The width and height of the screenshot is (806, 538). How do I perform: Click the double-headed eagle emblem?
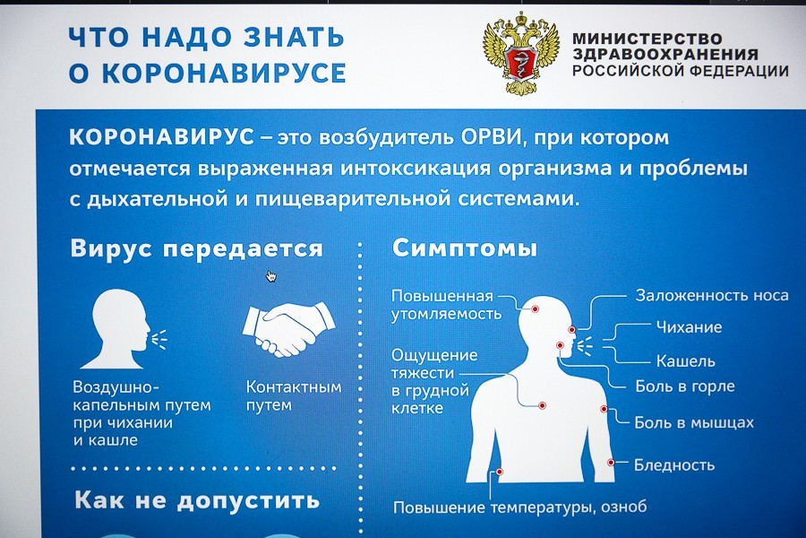[x=520, y=53]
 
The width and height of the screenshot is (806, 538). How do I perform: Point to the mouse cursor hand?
[x=270, y=276]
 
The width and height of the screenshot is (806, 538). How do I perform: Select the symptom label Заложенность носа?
[x=711, y=295]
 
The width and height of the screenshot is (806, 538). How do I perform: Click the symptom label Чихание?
[x=688, y=327]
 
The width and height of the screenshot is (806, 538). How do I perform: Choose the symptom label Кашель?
[x=685, y=361]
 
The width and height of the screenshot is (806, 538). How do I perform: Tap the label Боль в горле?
[x=684, y=386]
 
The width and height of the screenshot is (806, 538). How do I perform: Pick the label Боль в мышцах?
[x=694, y=422]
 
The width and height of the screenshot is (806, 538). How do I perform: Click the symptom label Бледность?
[x=673, y=464]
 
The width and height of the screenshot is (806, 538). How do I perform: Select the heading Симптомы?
[x=465, y=248]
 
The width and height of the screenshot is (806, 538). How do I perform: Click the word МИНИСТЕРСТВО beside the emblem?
[x=647, y=39]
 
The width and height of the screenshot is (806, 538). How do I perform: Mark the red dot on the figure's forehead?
[x=535, y=308]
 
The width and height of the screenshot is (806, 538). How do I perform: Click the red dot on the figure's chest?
[x=542, y=406]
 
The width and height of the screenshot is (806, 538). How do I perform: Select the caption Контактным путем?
[x=293, y=396]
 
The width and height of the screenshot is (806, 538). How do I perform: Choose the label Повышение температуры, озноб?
[x=519, y=508]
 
